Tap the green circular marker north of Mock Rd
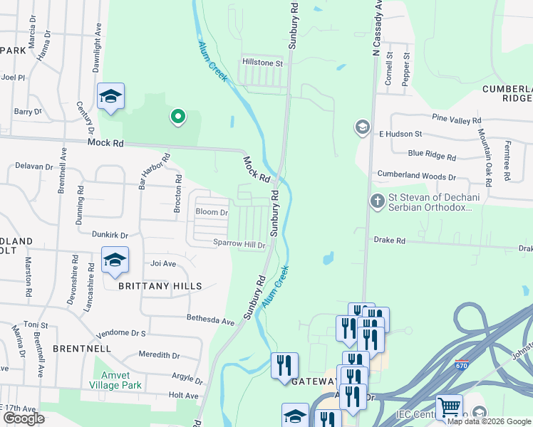(x=177, y=116)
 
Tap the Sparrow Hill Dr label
(x=239, y=244)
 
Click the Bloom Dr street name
(x=212, y=212)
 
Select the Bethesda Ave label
(x=210, y=321)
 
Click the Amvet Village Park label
(x=115, y=380)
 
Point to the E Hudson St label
(x=400, y=134)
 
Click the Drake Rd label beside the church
(x=389, y=241)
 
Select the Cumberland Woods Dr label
(x=416, y=176)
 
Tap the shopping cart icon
(x=449, y=407)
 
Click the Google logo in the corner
(x=24, y=418)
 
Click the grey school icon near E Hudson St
(x=362, y=128)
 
